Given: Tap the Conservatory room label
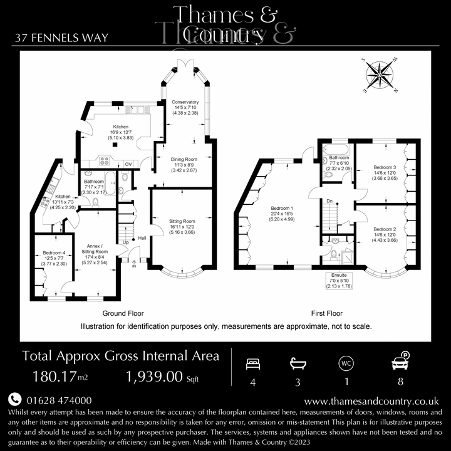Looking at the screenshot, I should coord(186,108).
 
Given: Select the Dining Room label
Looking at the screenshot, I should coord(184,165).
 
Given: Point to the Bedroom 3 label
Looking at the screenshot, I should coord(385,173).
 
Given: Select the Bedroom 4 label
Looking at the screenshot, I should coord(53,258).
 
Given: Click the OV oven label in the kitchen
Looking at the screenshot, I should coord(128,164).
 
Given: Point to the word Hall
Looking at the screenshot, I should coord(142,238).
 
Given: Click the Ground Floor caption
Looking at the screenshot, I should coord(123,313).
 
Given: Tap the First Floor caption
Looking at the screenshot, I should coord(326,313).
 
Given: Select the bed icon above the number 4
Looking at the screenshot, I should coord(253,363).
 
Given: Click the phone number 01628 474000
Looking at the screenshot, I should coord(59,400).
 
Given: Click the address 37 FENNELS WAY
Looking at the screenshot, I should coord(61,38).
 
